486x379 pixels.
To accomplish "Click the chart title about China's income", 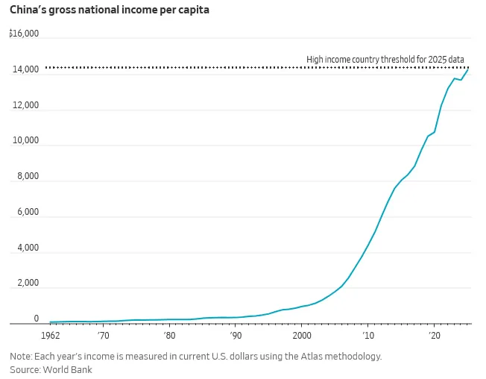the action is tap(110, 10).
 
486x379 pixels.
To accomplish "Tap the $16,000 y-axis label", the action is tap(24, 33).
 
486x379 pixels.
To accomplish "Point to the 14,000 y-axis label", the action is tap(25, 69).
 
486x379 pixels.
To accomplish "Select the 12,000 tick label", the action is tap(25, 105).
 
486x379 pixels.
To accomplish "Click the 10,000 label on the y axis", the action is tap(25, 140).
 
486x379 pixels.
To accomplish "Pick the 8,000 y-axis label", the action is tap(28, 176).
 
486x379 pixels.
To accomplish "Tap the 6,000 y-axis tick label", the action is tap(28, 212).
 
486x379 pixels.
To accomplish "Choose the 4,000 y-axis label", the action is tap(28, 248).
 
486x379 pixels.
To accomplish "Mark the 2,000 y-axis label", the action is tap(28, 283).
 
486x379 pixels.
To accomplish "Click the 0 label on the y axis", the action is tap(37, 319).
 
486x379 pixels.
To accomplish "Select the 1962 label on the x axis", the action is tap(50, 336).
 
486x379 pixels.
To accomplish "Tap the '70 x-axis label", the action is tap(103, 336).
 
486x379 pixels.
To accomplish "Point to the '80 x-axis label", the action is tap(169, 336).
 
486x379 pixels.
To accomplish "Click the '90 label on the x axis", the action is tap(236, 336).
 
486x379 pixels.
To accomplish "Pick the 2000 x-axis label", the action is tap(302, 336).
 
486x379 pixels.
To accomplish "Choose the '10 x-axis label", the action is tap(368, 336).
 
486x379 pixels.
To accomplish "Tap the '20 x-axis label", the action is tap(435, 336).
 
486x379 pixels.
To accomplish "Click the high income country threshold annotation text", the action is tap(385, 59).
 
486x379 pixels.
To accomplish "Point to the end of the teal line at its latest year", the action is tap(467, 70).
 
